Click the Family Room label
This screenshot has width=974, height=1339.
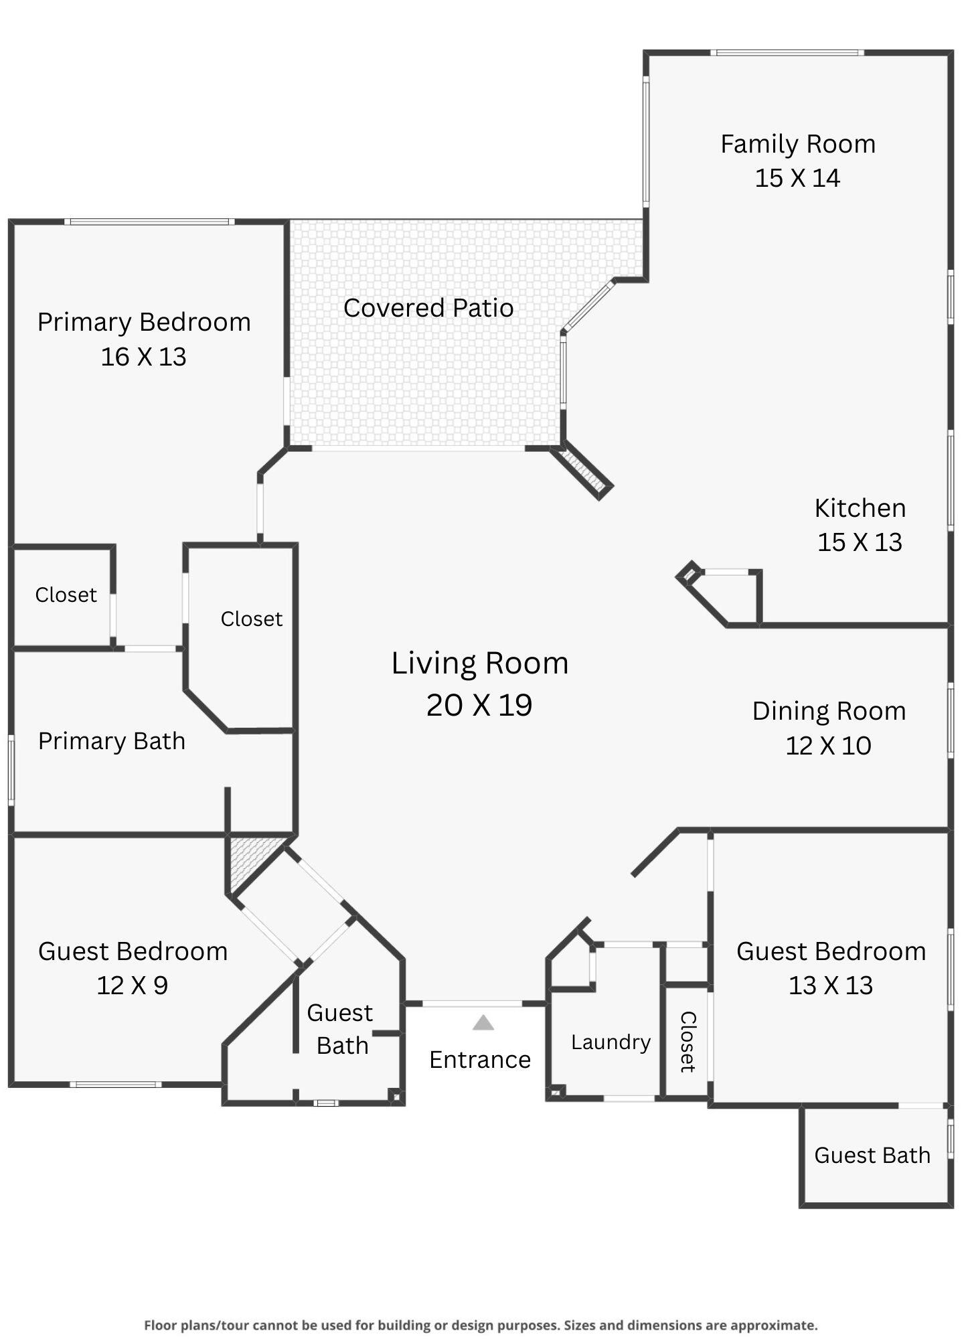[x=797, y=144]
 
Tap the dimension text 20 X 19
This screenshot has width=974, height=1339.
[x=479, y=705]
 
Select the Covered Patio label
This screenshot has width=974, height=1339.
[x=428, y=308]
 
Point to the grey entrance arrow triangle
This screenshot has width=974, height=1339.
[x=483, y=1022]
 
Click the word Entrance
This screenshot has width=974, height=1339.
[x=480, y=1060]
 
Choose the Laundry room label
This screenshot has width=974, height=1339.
[x=611, y=1042]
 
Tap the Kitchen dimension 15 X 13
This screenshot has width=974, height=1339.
[x=860, y=542]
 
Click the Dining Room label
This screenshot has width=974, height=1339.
[x=829, y=711]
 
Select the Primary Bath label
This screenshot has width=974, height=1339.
[x=112, y=741]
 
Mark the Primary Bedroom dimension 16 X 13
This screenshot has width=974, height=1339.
[x=143, y=357]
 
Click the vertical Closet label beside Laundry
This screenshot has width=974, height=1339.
[x=688, y=1042]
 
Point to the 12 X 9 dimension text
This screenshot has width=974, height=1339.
[x=132, y=986]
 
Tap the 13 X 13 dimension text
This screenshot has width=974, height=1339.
[x=830, y=986]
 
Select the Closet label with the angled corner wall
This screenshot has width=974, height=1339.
[x=252, y=619]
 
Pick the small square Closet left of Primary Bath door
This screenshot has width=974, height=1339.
[x=66, y=595]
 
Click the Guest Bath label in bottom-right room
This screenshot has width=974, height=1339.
[x=872, y=1155]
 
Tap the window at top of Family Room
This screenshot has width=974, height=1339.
[x=787, y=52]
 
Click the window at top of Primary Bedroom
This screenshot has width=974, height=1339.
[x=149, y=222]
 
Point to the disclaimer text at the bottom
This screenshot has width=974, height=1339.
[x=481, y=1325]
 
